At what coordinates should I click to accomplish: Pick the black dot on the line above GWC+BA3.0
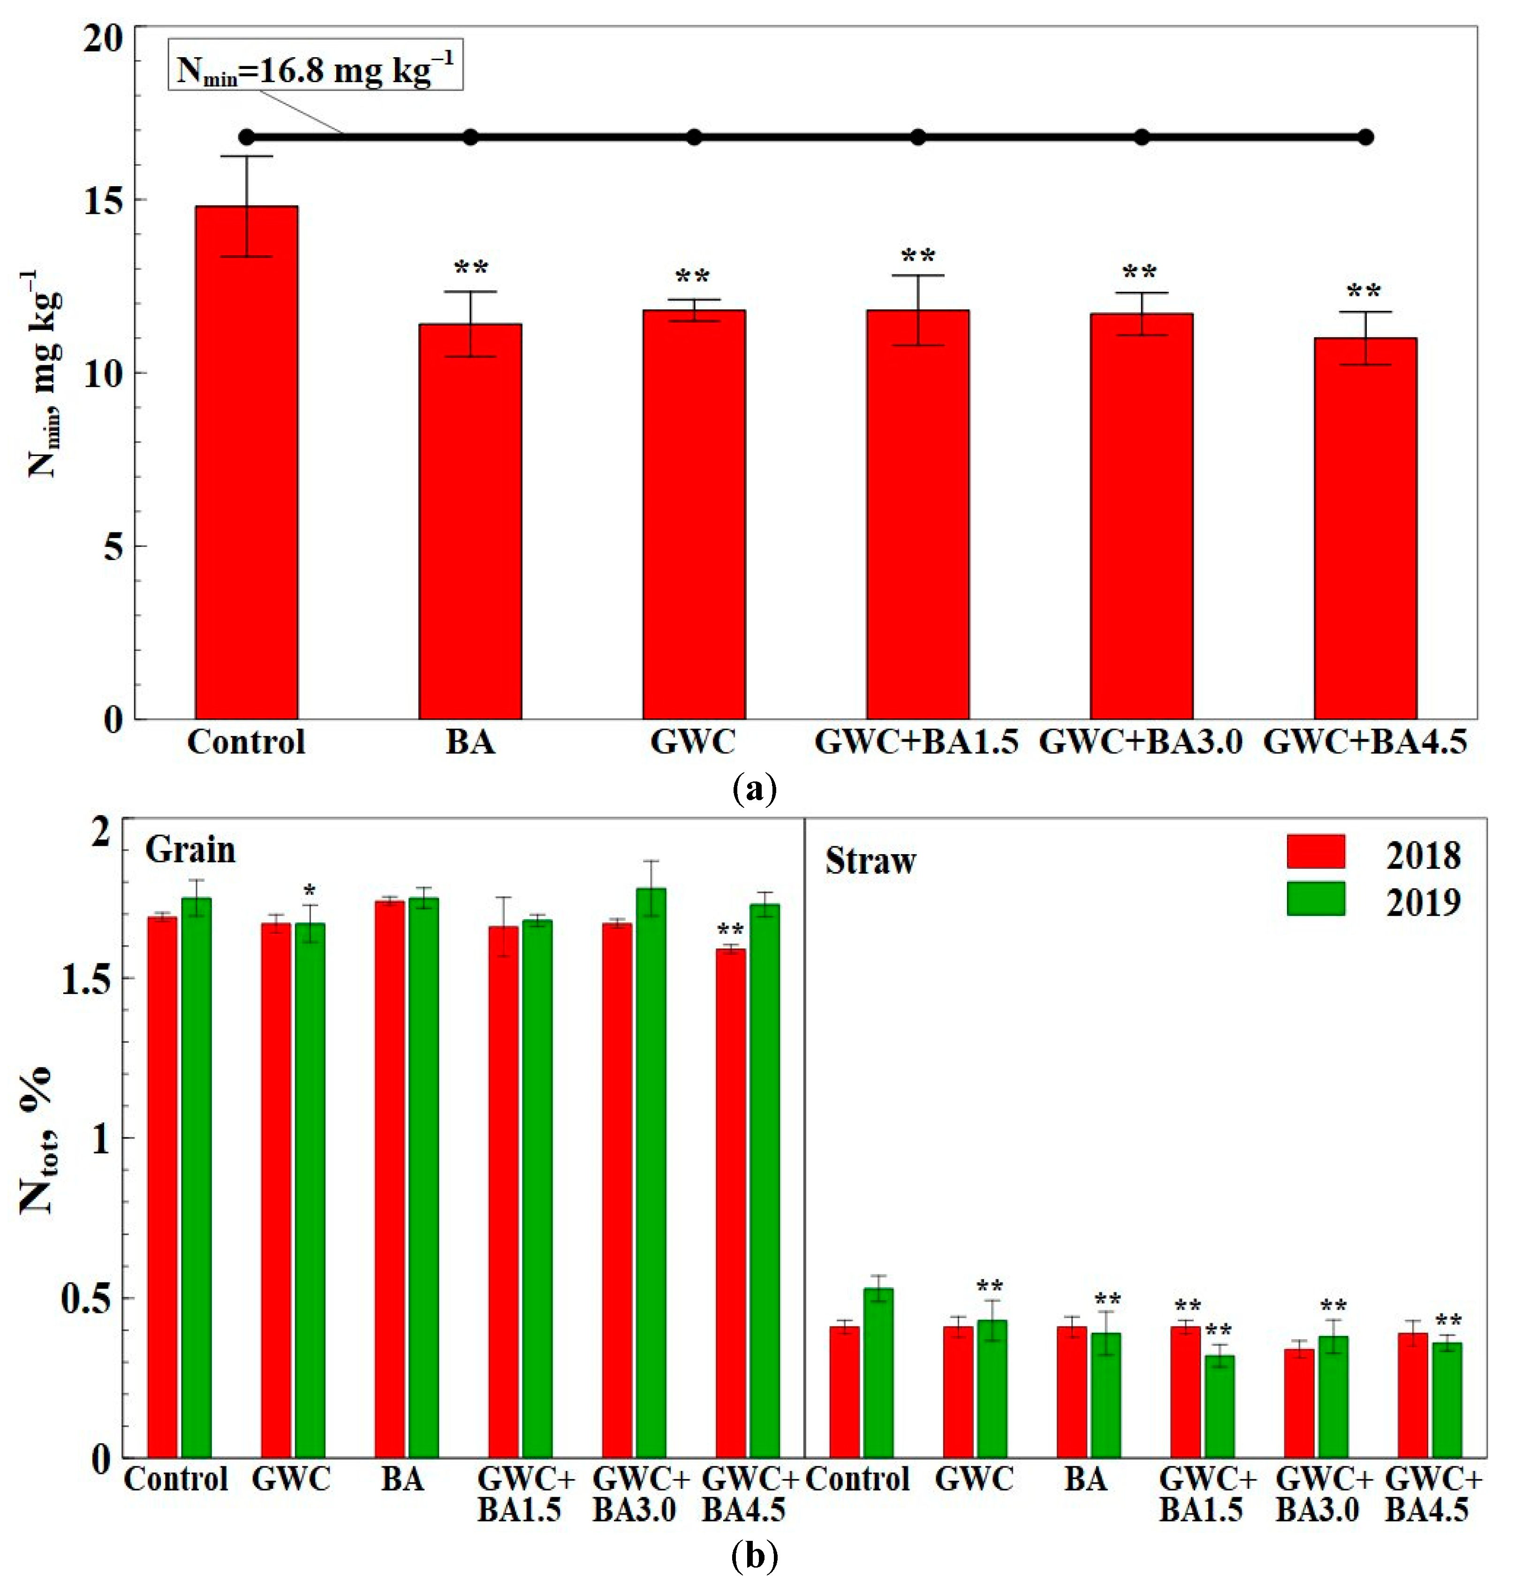point(1141,137)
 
